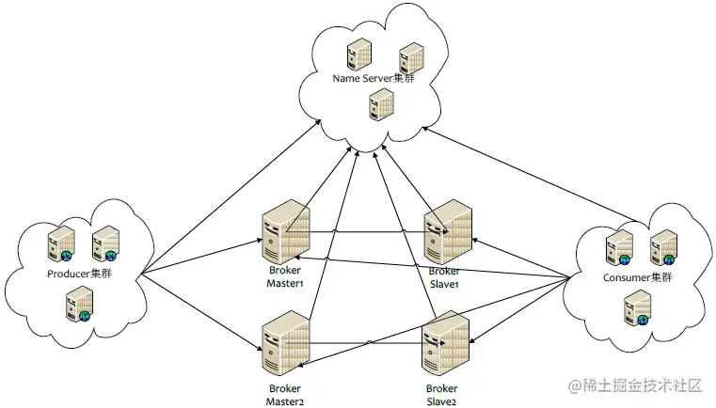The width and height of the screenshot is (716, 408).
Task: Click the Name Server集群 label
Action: click(x=374, y=77)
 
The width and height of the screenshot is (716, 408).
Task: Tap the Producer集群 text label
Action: click(x=80, y=275)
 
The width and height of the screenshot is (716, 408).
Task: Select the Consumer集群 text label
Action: click(x=636, y=277)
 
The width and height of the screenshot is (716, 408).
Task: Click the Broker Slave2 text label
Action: click(x=442, y=395)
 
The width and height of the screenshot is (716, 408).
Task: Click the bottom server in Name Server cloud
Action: click(x=379, y=103)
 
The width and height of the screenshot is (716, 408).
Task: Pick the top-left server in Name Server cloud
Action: click(x=358, y=54)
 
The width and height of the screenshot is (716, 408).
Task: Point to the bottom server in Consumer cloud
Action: click(x=637, y=307)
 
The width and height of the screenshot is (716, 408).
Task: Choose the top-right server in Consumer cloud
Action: click(x=663, y=246)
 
